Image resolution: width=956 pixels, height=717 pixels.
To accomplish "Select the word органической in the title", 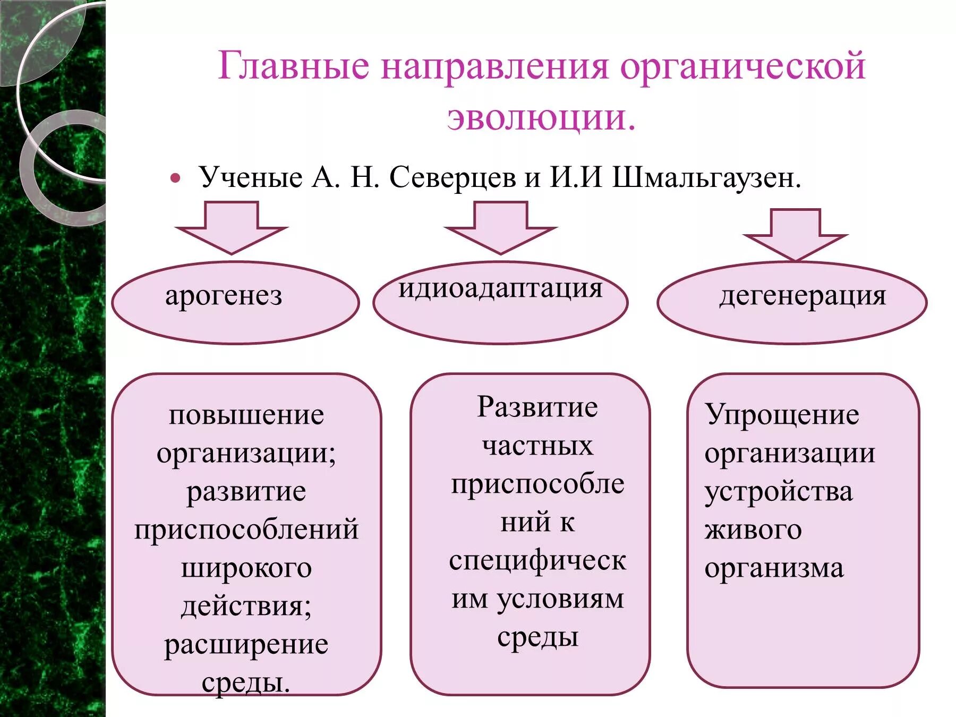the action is click(x=743, y=67).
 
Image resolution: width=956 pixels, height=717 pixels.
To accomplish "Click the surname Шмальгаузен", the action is click(x=706, y=177).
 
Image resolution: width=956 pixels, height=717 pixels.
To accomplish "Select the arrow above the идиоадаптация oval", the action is click(x=500, y=227).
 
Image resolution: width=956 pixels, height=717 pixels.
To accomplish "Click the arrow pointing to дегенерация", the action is click(x=795, y=234).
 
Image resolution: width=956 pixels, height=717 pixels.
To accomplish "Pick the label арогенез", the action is click(x=224, y=295).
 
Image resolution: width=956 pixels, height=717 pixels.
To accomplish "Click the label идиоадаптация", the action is click(x=500, y=288).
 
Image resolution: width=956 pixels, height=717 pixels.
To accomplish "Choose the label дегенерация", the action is click(x=803, y=295).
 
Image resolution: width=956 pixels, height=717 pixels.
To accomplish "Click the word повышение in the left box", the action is click(x=246, y=415).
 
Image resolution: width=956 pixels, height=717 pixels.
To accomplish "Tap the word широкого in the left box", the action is click(x=246, y=568).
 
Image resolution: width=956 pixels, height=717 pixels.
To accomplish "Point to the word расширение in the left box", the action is click(x=246, y=644).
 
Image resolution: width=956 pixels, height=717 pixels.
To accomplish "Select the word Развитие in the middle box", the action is click(x=537, y=407).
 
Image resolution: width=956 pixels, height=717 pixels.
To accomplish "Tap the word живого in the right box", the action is click(x=753, y=530).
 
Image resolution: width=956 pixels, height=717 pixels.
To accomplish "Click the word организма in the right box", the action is click(x=774, y=568).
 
